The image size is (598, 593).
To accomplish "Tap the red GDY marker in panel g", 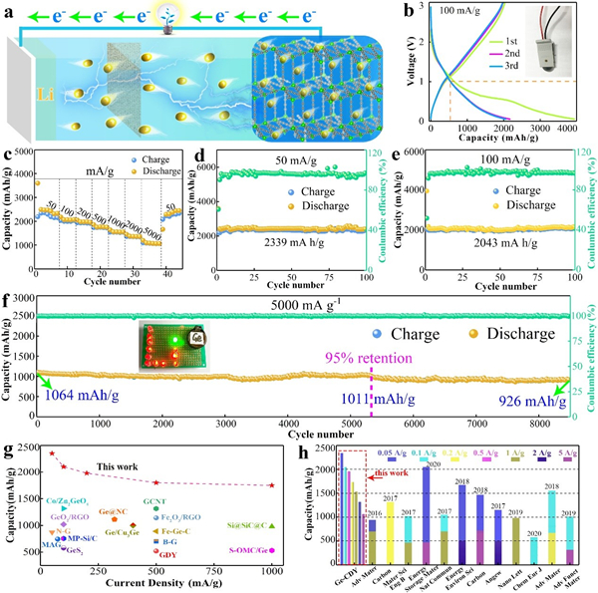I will (154, 549).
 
